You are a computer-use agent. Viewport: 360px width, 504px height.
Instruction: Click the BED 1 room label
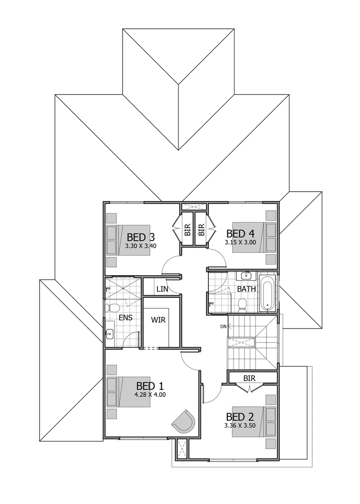(150, 385)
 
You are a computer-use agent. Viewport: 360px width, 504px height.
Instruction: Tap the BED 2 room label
(240, 417)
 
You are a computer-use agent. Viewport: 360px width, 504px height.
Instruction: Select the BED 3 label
(141, 237)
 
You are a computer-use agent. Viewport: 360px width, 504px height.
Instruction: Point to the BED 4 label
(240, 234)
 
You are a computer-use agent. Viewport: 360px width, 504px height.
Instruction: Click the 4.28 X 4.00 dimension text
(150, 394)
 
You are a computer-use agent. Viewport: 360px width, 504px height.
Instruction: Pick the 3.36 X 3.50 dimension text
(240, 426)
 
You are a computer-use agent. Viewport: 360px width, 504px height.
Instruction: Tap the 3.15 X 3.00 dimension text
(240, 243)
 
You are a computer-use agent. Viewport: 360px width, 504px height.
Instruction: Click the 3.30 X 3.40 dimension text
(141, 246)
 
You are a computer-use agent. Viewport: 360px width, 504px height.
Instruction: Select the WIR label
(158, 320)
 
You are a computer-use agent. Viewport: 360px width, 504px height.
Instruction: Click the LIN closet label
(162, 289)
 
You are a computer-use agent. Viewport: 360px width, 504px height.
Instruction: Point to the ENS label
(126, 318)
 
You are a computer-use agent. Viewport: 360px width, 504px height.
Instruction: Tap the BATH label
(247, 289)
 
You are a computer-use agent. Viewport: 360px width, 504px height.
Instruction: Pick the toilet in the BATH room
(242, 306)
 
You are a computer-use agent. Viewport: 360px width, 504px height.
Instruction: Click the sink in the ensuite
(110, 334)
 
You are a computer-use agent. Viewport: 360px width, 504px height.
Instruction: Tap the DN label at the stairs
(223, 327)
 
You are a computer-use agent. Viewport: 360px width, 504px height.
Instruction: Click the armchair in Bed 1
(184, 421)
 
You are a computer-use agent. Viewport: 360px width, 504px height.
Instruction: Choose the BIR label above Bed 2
(249, 378)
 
